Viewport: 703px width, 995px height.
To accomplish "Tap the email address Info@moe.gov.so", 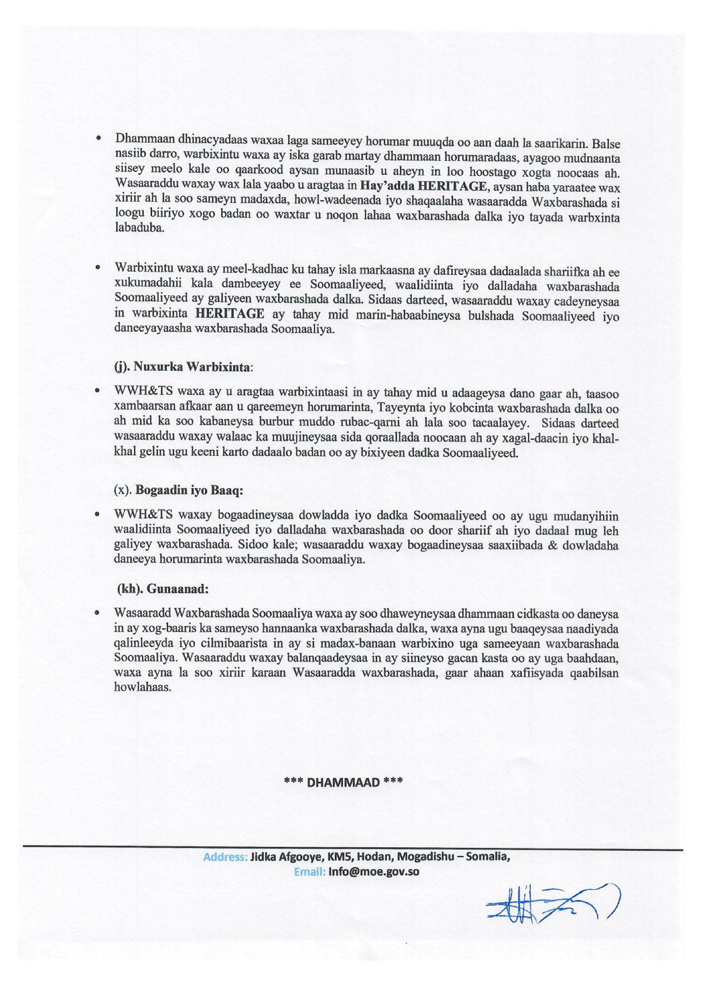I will (x=374, y=871).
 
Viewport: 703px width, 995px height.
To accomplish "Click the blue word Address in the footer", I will (x=225, y=857).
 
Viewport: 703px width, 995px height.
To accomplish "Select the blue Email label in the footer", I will (x=309, y=872).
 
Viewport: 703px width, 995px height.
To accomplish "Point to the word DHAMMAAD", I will (x=343, y=782).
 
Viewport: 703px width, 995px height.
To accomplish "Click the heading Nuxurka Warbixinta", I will (x=193, y=366).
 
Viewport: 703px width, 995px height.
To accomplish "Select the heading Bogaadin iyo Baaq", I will (x=189, y=490).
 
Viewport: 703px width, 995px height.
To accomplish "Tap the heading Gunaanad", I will (x=177, y=589).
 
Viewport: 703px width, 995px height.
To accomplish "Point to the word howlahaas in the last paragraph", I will (x=142, y=687).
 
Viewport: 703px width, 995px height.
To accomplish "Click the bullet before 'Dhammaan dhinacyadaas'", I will (x=98, y=138).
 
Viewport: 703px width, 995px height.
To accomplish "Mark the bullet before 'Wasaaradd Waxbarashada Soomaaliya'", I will (x=98, y=613).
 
